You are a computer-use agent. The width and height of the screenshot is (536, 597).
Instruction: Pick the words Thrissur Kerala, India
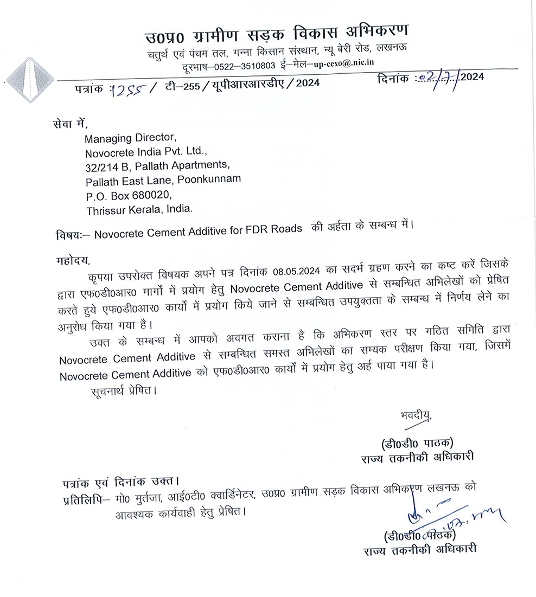139,208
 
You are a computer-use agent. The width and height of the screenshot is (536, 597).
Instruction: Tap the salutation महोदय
72,258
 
